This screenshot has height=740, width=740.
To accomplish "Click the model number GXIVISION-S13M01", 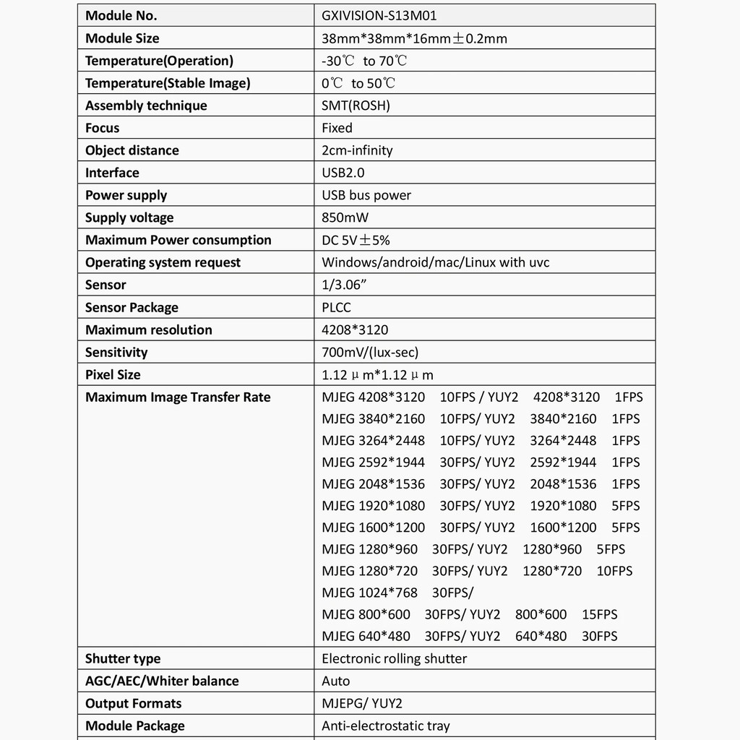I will [379, 15].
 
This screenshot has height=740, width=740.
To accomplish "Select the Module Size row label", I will [122, 38].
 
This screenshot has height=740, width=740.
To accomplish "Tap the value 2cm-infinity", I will [357, 150].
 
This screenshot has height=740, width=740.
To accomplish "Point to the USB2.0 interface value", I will [343, 173].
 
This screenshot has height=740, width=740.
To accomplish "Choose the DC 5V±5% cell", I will [356, 240].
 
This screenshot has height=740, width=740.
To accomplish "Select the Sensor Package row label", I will [132, 307].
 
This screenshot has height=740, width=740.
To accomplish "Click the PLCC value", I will [336, 307].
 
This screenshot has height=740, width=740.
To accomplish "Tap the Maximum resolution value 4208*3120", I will [355, 330].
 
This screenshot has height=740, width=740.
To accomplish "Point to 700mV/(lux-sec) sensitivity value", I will [370, 352].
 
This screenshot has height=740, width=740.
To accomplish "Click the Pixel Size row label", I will [113, 374].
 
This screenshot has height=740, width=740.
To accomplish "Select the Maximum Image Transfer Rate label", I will [178, 397].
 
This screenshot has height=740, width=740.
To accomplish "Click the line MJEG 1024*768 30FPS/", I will [397, 593].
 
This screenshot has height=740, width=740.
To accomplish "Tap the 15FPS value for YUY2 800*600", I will [600, 614].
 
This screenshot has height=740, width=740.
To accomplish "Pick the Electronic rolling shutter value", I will [394, 658].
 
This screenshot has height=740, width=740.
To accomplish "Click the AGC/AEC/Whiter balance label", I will [162, 681].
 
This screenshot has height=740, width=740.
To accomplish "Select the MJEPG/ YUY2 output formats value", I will [362, 703].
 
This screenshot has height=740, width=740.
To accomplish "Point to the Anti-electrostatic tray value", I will [385, 726].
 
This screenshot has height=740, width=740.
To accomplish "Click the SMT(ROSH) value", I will [356, 106].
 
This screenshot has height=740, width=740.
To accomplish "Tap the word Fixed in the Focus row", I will [337, 128].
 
